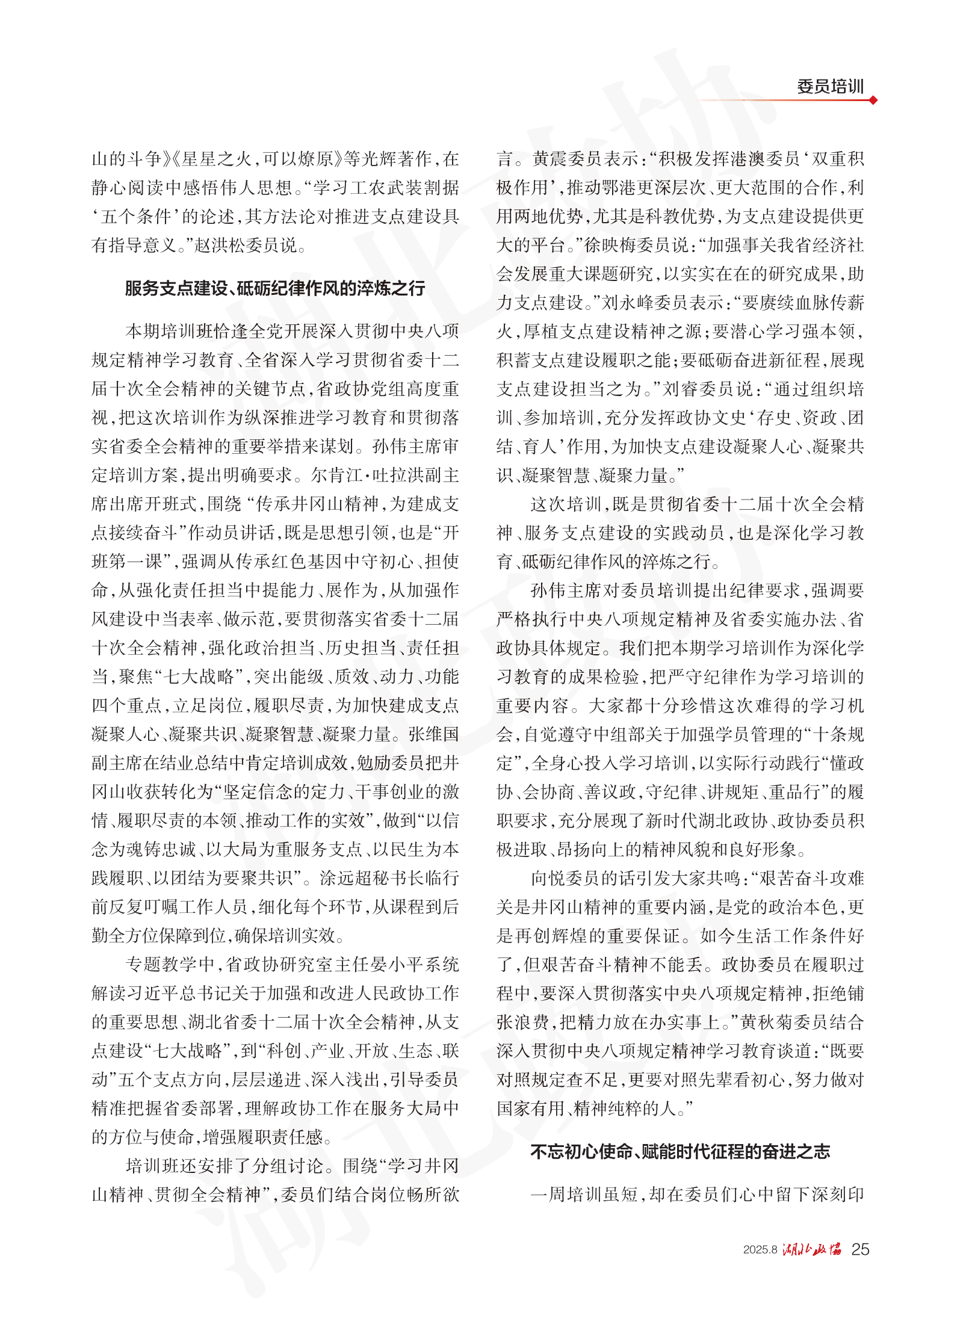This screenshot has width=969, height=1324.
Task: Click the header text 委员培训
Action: coord(830,87)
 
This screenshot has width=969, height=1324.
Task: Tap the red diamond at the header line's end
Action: coord(873,100)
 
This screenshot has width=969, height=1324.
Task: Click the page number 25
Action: coord(860,1249)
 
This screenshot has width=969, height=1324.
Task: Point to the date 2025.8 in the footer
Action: coord(760,1250)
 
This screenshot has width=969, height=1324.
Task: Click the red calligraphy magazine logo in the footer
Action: coord(812,1249)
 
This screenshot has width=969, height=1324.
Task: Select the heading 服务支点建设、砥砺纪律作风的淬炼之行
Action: coord(274,288)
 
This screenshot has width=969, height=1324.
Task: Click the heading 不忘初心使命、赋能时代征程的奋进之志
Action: coord(680,1151)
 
